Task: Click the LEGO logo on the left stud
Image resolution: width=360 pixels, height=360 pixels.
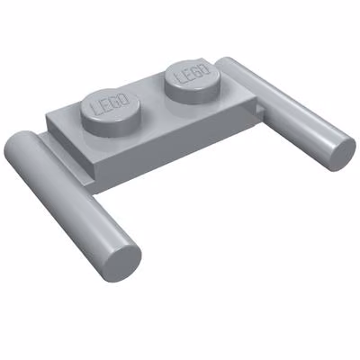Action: (x=111, y=105)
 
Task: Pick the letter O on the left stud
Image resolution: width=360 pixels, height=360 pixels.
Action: (x=125, y=99)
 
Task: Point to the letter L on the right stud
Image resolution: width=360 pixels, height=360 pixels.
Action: (x=181, y=77)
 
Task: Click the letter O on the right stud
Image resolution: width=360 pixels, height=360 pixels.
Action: (x=204, y=68)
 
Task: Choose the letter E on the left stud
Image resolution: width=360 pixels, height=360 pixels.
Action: (x=106, y=105)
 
